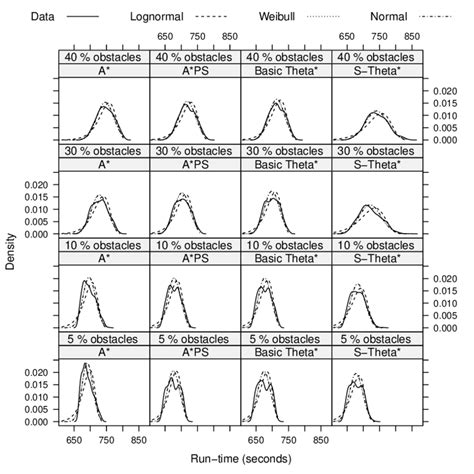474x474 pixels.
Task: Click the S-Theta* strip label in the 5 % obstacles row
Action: pos(378,353)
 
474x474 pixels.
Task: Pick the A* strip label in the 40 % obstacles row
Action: pos(103,70)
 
